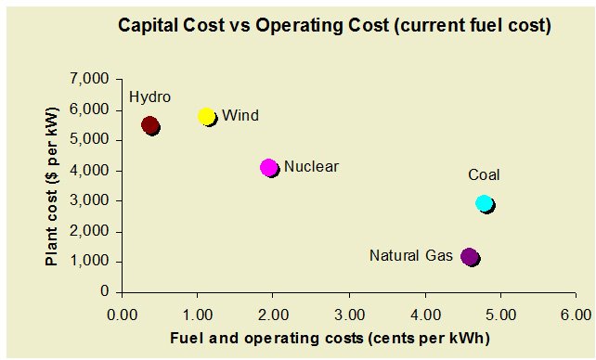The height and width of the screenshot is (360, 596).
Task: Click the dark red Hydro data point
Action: point(149,125)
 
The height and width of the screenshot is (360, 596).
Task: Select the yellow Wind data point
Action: point(207,116)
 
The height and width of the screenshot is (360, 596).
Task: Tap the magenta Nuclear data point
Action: point(269,168)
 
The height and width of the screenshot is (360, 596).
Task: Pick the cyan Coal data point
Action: point(484,203)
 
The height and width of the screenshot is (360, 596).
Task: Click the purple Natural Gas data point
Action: point(471,256)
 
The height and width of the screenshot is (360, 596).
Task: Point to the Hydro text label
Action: point(149,97)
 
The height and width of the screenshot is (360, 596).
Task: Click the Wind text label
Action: point(240,116)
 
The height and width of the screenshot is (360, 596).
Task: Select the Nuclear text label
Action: point(311,167)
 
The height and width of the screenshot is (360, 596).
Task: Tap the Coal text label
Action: point(484,174)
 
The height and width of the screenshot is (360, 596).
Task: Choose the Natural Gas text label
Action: point(410,255)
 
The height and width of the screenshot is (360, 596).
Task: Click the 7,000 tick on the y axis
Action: point(90,80)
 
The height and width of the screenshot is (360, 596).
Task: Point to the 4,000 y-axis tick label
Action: point(90,171)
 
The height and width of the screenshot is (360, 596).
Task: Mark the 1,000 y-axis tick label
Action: point(90,262)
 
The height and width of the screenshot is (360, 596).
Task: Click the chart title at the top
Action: point(334,26)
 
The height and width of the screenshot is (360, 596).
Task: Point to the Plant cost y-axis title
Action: point(53,186)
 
